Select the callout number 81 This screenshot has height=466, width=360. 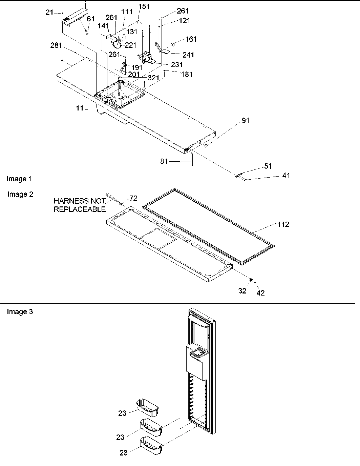(164, 162)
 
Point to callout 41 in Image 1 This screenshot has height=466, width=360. (286, 176)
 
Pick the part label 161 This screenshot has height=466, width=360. (191, 39)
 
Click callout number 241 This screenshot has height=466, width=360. (188, 55)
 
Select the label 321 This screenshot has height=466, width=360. (153, 78)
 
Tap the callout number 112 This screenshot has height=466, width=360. (283, 224)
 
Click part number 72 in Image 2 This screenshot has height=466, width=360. (133, 198)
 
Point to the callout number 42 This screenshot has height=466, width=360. (260, 293)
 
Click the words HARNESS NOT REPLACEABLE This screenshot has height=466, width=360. (80, 205)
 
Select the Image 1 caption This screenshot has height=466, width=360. (20, 179)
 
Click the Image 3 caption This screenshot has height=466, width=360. (20, 311)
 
